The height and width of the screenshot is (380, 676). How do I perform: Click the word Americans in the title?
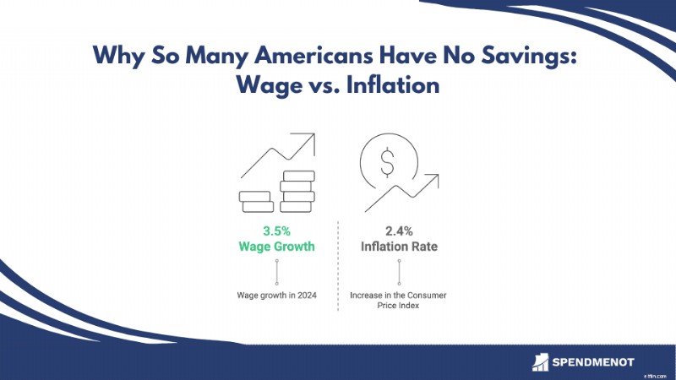click(x=313, y=55)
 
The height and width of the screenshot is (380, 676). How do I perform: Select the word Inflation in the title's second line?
click(x=393, y=84)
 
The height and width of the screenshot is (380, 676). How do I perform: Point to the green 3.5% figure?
click(x=277, y=231)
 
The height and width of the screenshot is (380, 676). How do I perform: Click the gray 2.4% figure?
click(x=399, y=231)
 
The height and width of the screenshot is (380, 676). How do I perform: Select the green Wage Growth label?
click(x=277, y=247)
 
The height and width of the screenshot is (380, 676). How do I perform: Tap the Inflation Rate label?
click(x=399, y=247)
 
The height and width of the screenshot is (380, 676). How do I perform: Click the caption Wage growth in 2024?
click(x=277, y=295)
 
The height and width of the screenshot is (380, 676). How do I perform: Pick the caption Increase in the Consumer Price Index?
click(x=398, y=301)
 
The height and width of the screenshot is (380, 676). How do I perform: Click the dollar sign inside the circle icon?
click(x=388, y=162)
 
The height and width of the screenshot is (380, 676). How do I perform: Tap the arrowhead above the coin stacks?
click(x=309, y=139)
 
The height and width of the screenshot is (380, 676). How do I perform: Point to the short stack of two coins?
click(x=256, y=202)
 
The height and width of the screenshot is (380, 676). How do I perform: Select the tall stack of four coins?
click(x=297, y=192)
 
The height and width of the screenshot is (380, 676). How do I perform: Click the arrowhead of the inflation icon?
click(x=433, y=179)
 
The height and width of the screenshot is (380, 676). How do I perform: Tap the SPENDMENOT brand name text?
click(x=593, y=362)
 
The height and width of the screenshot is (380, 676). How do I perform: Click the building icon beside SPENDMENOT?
click(x=540, y=362)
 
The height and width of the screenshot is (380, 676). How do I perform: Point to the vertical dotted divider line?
click(x=338, y=266)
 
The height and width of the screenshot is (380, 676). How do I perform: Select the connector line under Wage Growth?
click(x=277, y=272)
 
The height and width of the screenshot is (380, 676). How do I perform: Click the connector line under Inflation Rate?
click(x=399, y=272)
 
